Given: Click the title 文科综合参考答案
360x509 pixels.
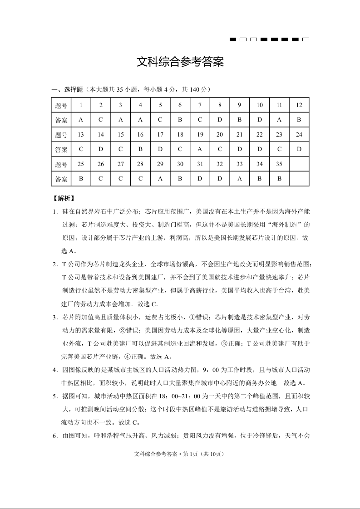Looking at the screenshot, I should point(180,62).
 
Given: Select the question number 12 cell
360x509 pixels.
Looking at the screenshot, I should point(299,105).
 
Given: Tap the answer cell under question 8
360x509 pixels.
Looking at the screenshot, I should point(220,120).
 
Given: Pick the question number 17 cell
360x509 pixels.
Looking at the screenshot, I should point(160,135).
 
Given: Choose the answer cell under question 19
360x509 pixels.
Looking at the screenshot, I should point(200,149).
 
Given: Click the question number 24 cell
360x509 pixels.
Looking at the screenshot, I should point(299,135).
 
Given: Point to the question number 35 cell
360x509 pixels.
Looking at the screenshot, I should point(279,164).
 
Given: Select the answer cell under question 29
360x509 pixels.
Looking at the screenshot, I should point(160,179).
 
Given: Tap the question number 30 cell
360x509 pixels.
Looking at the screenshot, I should point(180,164).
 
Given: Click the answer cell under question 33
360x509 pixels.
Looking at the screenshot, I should point(240,179).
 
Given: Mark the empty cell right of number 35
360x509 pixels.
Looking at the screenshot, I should point(299,164).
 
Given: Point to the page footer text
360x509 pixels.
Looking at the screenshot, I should point(180,454).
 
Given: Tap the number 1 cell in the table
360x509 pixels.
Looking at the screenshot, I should point(81,105).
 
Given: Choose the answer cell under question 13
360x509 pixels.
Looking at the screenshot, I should point(81,149).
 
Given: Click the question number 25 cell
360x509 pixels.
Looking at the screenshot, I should point(81,164).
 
